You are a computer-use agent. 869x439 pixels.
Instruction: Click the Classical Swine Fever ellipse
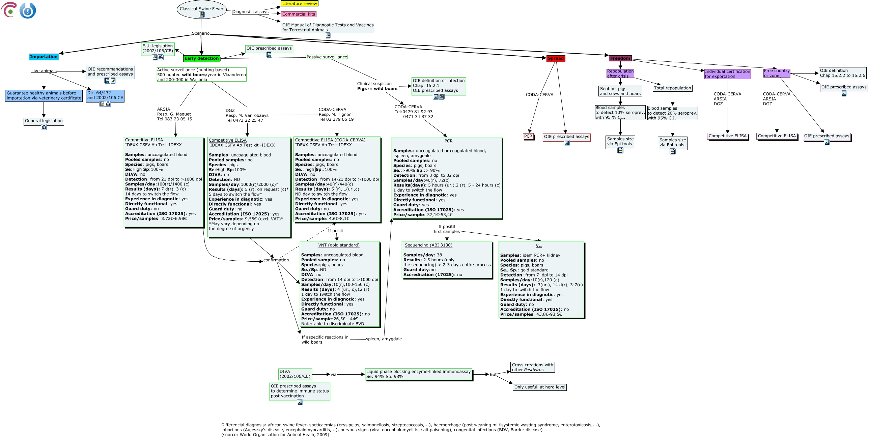[201, 9]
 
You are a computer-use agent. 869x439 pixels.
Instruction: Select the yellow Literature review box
[299, 4]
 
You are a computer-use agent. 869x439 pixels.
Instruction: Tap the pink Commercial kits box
[299, 14]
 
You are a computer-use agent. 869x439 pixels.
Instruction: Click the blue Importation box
[44, 57]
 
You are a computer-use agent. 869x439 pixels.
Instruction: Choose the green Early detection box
[201, 58]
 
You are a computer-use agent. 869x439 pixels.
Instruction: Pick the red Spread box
[555, 58]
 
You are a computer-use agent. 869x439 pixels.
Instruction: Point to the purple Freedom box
[620, 58]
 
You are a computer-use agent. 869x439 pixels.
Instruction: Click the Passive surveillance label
[327, 57]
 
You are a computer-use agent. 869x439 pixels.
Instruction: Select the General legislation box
[44, 121]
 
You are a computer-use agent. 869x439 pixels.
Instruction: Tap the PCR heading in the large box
[448, 141]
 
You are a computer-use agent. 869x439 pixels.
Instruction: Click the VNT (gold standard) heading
[339, 245]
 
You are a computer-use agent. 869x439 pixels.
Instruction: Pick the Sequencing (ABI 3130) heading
[428, 245]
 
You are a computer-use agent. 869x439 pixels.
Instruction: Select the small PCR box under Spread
[528, 136]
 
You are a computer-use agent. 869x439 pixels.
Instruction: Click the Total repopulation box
[672, 88]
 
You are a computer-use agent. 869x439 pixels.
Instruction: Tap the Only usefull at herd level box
[539, 387]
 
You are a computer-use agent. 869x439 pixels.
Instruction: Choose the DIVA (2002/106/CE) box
[295, 374]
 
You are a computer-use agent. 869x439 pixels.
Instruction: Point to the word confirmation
[276, 260]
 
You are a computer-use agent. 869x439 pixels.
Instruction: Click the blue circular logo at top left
[28, 11]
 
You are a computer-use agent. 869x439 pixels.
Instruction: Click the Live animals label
[44, 71]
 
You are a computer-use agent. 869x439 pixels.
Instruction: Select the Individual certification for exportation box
[727, 74]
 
